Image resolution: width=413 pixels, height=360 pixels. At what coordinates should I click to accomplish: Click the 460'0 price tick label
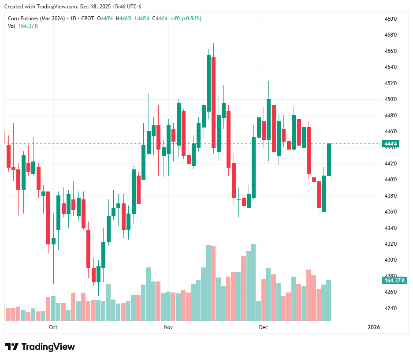(391, 19)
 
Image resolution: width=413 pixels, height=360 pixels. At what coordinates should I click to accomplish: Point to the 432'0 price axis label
(391, 244)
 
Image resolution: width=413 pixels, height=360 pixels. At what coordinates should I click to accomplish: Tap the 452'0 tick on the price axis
(391, 83)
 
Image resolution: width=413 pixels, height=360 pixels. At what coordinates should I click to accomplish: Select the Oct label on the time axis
(53, 327)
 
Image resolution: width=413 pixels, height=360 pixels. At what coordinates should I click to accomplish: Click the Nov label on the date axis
(168, 327)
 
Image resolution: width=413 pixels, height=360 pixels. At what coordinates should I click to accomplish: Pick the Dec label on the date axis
(263, 327)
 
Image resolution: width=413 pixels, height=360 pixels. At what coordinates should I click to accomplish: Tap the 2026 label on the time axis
(373, 327)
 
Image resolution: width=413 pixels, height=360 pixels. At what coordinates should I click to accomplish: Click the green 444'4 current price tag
(391, 144)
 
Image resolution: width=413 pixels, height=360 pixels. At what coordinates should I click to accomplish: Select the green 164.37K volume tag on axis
(394, 281)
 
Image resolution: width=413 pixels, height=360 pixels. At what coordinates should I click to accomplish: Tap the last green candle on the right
(329, 159)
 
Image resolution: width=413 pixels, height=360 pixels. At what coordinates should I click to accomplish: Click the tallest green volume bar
(253, 282)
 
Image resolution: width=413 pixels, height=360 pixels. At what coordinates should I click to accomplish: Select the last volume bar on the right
(329, 300)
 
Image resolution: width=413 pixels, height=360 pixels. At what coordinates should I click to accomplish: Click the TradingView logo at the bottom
(40, 347)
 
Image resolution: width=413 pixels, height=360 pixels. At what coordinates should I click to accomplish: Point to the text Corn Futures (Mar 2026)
(37, 19)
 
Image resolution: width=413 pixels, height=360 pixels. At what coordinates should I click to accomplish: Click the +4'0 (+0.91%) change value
(186, 19)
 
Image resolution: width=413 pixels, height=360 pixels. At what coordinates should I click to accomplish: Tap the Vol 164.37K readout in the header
(23, 26)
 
